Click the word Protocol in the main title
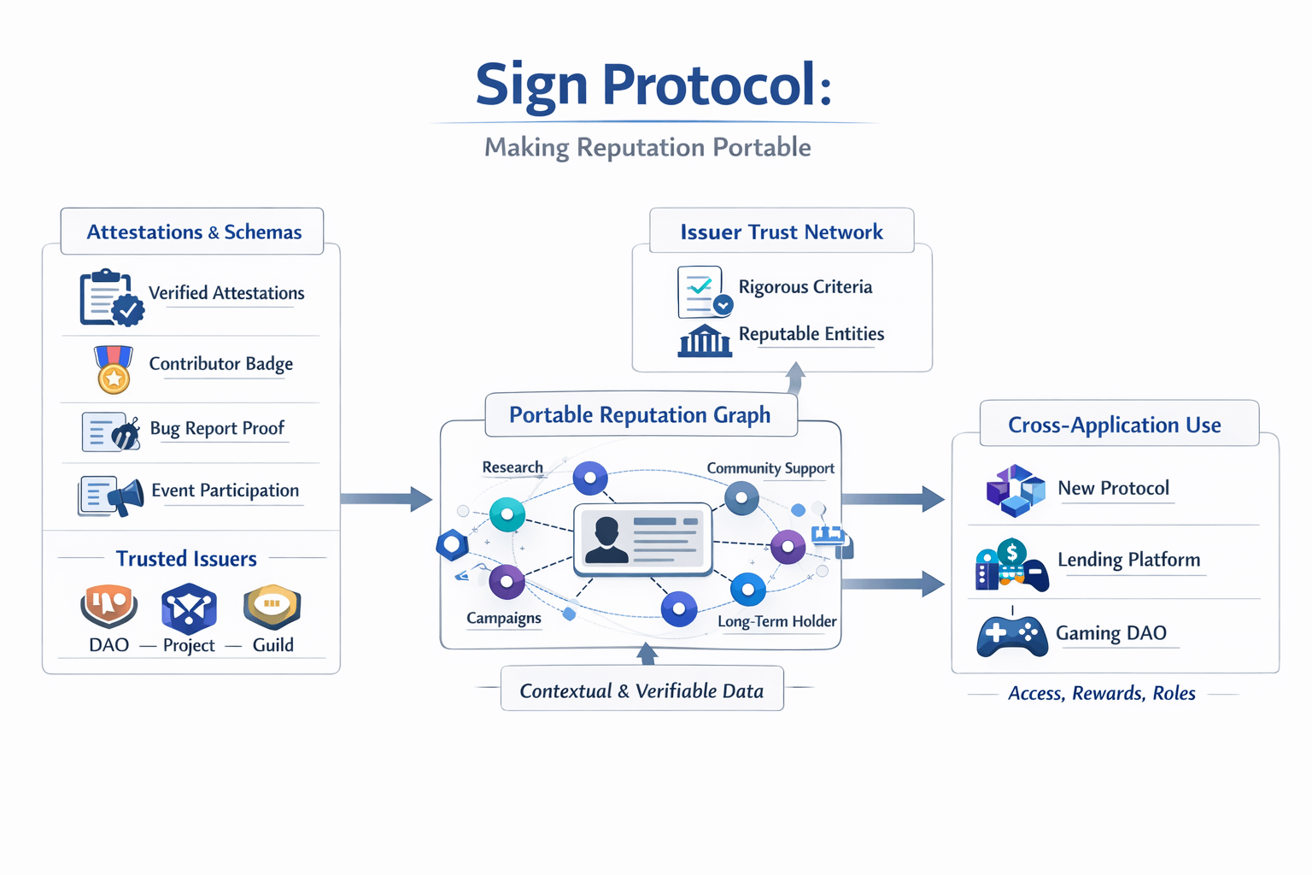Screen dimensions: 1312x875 pos(717,85)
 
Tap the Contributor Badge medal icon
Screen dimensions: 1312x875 pos(114,369)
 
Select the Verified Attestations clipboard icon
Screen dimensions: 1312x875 pos(111,297)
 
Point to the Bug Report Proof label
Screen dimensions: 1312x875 pos(217,428)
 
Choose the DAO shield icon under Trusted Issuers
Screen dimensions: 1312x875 pos(109,606)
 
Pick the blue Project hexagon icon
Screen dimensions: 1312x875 pos(189,608)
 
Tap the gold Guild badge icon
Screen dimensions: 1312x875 pos(272,606)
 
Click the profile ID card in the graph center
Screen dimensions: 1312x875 pos(643,539)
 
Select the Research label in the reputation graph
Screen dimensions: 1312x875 pos(512,467)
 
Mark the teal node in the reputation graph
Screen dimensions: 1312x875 pos(507,514)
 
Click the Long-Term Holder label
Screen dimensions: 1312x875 pos(776,621)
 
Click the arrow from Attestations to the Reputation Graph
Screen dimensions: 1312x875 pos(387,499)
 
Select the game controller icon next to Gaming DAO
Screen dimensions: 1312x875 pos(1012,635)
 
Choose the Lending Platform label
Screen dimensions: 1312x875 pos(1128,560)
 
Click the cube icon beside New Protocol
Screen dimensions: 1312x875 pos(1016,490)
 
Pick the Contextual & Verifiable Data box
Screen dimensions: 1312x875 pos(642,689)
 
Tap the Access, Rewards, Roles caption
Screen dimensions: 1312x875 pos(1101,693)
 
